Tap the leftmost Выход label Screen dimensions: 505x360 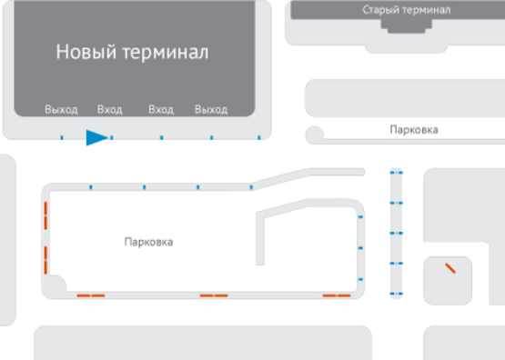coord(61,110)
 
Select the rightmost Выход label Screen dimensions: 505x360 coord(210,110)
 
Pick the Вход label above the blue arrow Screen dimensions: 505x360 coord(109,110)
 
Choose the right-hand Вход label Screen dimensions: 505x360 coord(161,110)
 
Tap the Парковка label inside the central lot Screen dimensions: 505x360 coord(148,243)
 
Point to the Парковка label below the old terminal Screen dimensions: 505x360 coord(413,130)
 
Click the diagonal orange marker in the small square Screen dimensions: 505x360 coord(449,268)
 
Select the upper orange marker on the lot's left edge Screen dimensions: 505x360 coord(45,216)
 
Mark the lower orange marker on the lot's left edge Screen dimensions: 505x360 coord(45,259)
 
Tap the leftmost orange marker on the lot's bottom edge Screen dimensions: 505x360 coord(90,295)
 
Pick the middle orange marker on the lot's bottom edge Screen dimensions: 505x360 coord(214,295)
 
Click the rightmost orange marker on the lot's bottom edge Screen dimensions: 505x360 coord(337,295)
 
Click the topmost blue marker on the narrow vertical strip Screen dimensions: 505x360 coord(395,172)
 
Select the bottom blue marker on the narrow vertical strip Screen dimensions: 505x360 coord(395,295)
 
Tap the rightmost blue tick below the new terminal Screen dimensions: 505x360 coord(259,138)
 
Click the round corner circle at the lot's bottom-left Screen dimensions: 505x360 coord(56,285)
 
